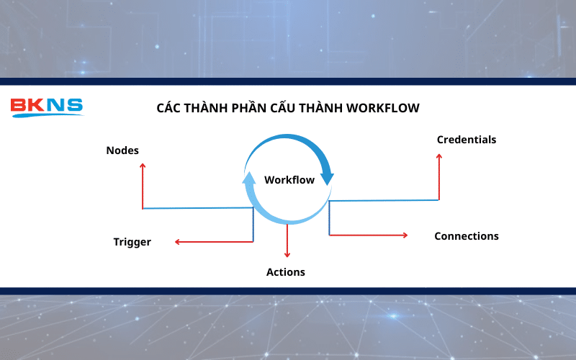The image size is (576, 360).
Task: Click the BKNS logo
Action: click(47, 107)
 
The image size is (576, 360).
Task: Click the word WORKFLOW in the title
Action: click(382, 108)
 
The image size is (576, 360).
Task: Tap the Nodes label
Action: click(122, 150)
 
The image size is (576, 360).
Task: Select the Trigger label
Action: click(132, 242)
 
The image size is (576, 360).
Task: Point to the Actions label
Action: click(286, 272)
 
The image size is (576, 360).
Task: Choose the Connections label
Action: click(466, 236)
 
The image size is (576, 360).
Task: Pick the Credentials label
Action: click(467, 140)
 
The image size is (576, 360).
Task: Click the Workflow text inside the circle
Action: click(289, 180)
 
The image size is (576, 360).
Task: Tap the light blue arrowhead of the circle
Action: click(249, 178)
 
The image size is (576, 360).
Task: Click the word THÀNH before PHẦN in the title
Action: click(208, 108)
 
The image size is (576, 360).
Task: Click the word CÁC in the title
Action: click(169, 108)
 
